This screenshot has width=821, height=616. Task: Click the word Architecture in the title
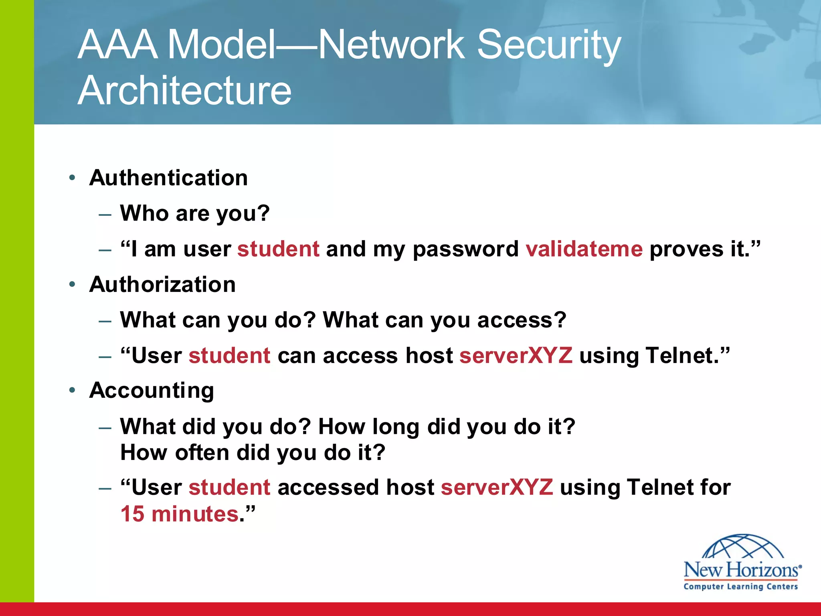[184, 91]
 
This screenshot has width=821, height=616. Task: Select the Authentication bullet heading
[168, 178]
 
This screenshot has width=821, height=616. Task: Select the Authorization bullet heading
[162, 284]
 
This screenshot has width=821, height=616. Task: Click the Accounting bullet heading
[152, 391]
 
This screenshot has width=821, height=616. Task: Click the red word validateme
[584, 249]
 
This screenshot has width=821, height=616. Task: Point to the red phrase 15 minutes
[180, 514]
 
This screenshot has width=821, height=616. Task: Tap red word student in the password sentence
[278, 249]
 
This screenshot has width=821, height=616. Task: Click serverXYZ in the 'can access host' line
[516, 356]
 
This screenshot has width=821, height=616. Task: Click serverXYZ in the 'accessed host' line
[497, 487]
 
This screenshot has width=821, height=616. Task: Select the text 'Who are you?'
[195, 213]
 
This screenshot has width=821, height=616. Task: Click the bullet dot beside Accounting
[72, 390]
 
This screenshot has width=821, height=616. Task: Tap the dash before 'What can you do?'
[105, 321]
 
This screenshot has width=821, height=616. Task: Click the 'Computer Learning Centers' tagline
[740, 587]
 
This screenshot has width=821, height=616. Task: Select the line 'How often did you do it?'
[253, 453]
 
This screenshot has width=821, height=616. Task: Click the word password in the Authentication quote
[465, 249]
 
